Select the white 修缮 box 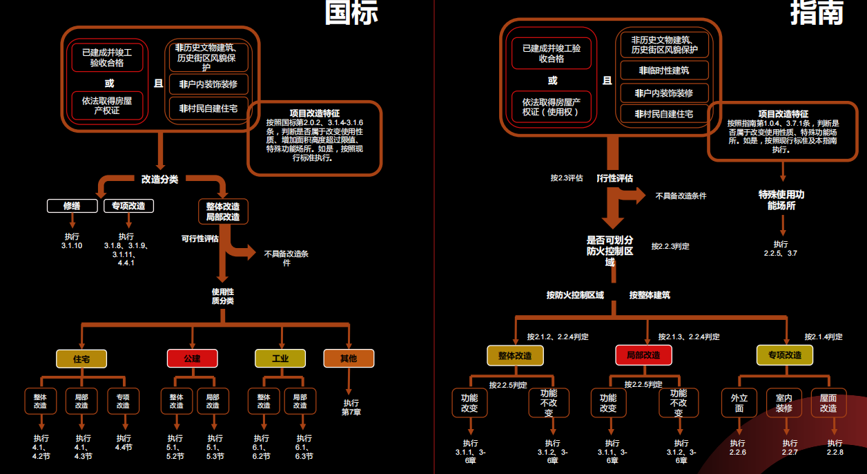(72, 206)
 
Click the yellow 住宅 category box (81, 359)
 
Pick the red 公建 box (192, 359)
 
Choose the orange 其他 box (349, 359)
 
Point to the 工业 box (280, 359)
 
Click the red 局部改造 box (643, 355)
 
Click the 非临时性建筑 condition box (663, 70)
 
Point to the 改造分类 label (159, 180)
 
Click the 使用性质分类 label (222, 296)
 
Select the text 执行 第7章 (351, 407)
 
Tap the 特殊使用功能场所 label (781, 200)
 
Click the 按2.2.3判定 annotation (670, 246)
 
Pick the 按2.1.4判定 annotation (823, 336)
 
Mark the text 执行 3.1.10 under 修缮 (72, 240)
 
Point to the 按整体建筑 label (649, 295)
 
